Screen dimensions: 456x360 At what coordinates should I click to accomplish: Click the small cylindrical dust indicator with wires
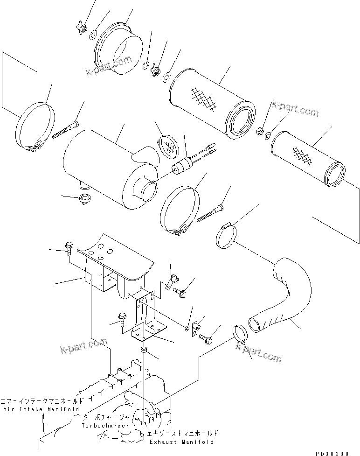pyautogui.click(x=183, y=166)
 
